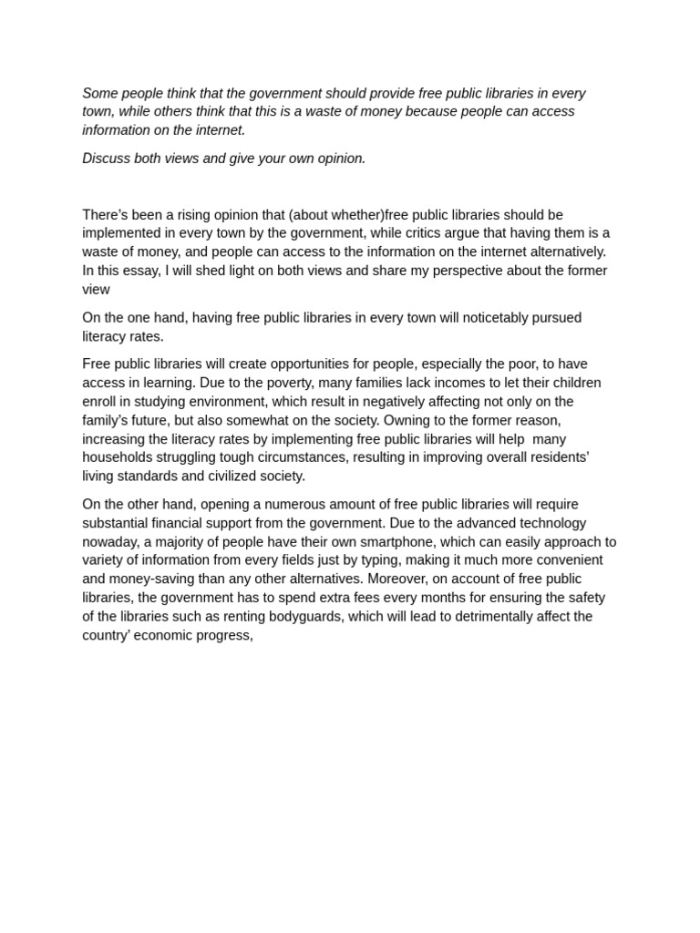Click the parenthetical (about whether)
tap(337, 215)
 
